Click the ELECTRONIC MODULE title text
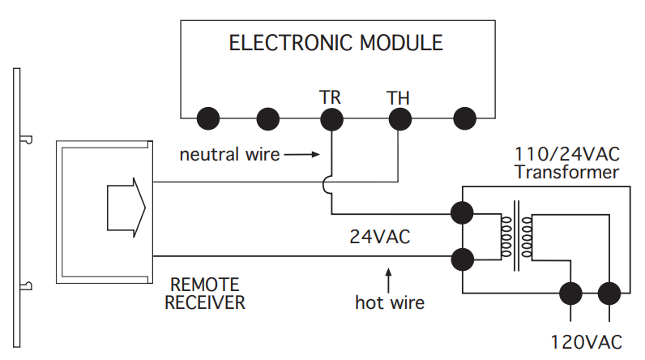[335, 43]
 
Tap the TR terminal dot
[331, 119]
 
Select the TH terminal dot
[399, 119]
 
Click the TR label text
[330, 97]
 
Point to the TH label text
[398, 98]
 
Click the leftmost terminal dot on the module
[208, 118]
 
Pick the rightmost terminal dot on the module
[465, 118]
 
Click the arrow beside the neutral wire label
[301, 155]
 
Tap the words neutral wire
[229, 155]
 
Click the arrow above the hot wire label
[388, 281]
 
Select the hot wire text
[390, 302]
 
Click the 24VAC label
[380, 237]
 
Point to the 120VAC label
[586, 342]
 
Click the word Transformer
[566, 172]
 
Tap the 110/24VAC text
[567, 154]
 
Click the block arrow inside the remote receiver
[126, 208]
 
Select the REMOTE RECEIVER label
[205, 294]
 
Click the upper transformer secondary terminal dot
[462, 213]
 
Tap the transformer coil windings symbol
[517, 236]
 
